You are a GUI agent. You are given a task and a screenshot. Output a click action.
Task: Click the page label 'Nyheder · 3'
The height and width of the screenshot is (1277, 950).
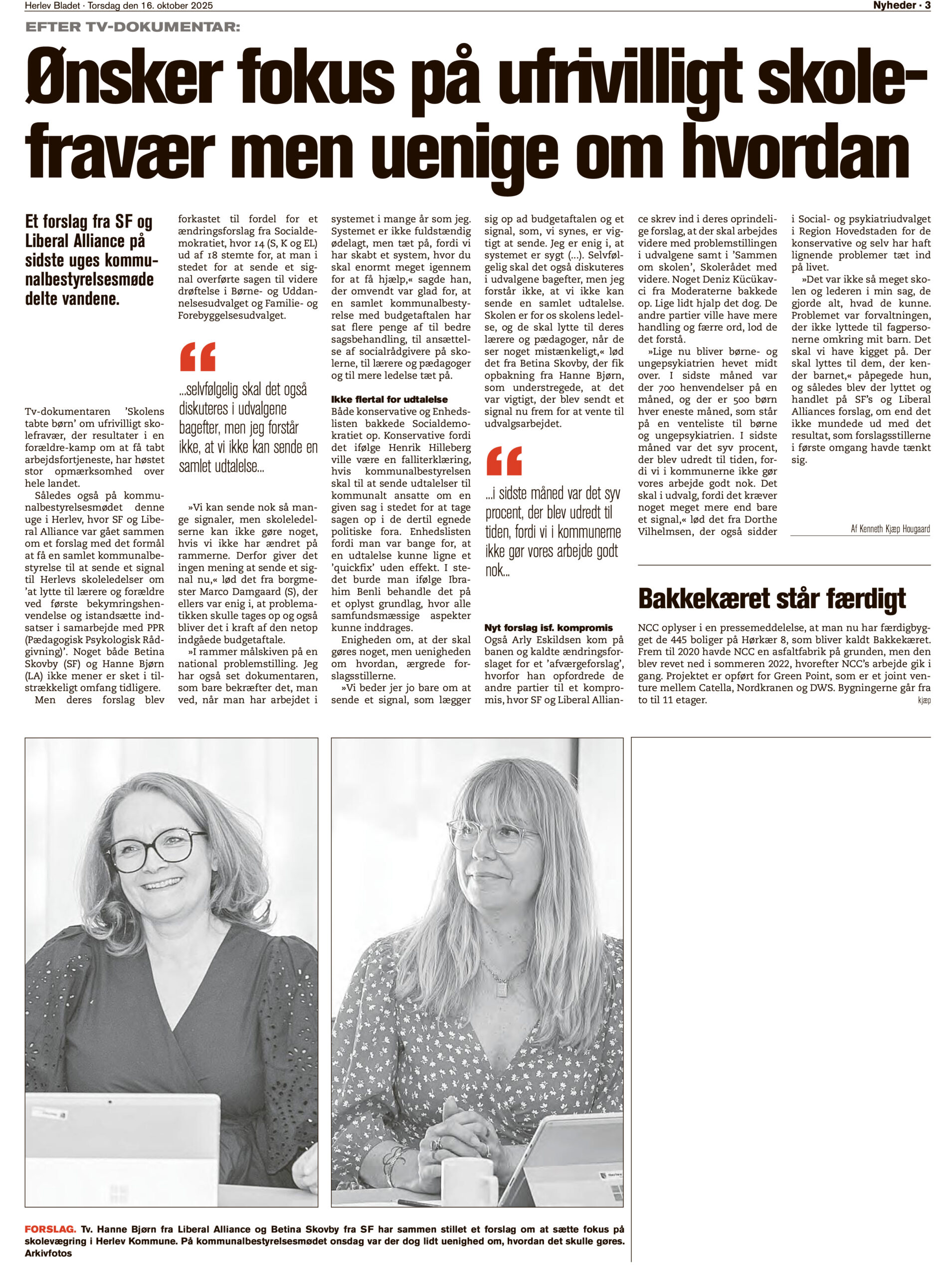pos(901,6)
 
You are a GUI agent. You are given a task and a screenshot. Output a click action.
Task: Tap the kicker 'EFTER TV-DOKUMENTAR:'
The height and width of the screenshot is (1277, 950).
pos(132,27)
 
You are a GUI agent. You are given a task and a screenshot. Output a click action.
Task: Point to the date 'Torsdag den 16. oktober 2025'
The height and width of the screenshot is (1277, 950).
pos(150,6)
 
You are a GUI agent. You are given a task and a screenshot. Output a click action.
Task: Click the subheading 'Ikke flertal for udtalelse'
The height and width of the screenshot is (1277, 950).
pos(389,399)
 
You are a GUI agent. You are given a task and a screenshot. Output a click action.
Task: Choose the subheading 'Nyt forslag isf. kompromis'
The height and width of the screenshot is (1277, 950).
pos(548,628)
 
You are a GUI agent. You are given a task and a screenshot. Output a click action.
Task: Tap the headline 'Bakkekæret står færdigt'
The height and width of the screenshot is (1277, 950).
pos(772,599)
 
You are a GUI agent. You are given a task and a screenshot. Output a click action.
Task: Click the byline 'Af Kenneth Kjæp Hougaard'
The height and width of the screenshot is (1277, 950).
pos(890,529)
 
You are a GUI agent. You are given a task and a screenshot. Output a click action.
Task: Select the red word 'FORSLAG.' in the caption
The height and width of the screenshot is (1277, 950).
pos(50,1230)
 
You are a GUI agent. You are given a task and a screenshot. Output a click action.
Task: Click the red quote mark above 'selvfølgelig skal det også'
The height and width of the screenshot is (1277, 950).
pos(197,357)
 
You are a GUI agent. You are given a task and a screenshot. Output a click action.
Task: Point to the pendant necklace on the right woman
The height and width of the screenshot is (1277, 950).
pos(502,988)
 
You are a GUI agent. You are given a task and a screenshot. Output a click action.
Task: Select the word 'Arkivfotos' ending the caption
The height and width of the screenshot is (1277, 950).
pos(48,1253)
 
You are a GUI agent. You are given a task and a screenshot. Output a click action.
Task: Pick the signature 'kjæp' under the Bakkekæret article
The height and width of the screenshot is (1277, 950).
pos(924,701)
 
